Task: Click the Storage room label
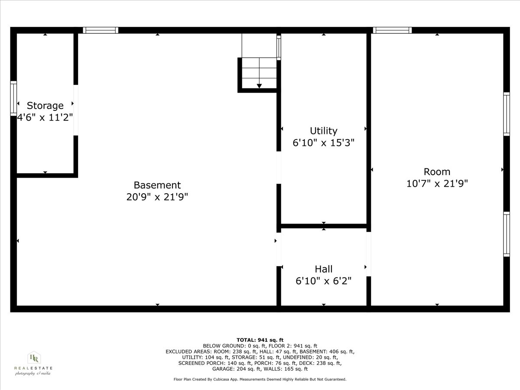pyautogui.click(x=45, y=105)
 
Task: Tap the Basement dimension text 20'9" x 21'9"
pyautogui.click(x=157, y=197)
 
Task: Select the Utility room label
pyautogui.click(x=323, y=130)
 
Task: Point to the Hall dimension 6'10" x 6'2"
pyautogui.click(x=323, y=281)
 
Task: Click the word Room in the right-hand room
pyautogui.click(x=437, y=172)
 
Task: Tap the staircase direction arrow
pyautogui.click(x=259, y=86)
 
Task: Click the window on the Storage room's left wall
pyautogui.click(x=13, y=98)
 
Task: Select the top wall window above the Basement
pyautogui.click(x=101, y=30)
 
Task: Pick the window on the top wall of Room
pyautogui.click(x=392, y=30)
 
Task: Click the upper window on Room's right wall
pyautogui.click(x=506, y=114)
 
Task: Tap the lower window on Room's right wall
pyautogui.click(x=506, y=234)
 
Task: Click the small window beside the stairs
pyautogui.click(x=279, y=47)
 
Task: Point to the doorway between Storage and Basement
pyautogui.click(x=76, y=110)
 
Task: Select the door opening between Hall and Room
pyautogui.click(x=369, y=254)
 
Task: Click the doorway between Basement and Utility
pyautogui.click(x=279, y=167)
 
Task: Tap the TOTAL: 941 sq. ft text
pyautogui.click(x=260, y=340)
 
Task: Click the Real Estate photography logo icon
pyautogui.click(x=34, y=358)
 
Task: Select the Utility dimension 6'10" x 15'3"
pyautogui.click(x=323, y=143)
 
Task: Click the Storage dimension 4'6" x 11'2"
pyautogui.click(x=45, y=117)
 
